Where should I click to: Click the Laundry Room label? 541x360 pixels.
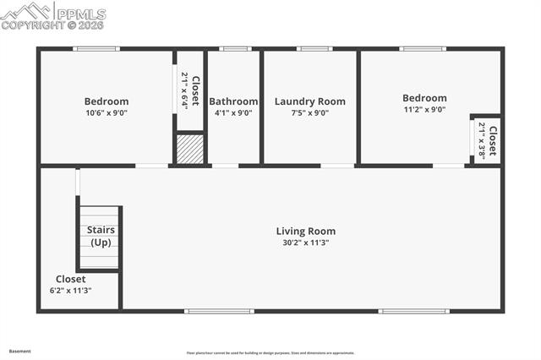309,101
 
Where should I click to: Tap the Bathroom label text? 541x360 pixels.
233,101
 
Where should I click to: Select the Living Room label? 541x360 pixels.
306,231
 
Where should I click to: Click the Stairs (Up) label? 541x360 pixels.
101,236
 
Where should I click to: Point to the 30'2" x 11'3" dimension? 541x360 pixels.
306,243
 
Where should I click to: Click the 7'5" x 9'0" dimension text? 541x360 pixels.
309,112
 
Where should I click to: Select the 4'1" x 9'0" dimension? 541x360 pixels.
233,112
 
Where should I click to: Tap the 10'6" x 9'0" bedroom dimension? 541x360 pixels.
107,112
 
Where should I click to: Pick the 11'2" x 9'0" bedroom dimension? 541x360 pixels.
424,109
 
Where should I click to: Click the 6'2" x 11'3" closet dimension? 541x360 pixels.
71,290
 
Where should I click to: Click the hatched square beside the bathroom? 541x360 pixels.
190,149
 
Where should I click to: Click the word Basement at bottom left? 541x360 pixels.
19,350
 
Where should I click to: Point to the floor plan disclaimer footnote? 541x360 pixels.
270,353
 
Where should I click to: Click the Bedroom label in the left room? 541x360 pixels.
107,101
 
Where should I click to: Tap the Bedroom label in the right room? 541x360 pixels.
424,98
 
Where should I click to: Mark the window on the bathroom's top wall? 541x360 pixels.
235,49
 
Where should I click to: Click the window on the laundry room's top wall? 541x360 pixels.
314,49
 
